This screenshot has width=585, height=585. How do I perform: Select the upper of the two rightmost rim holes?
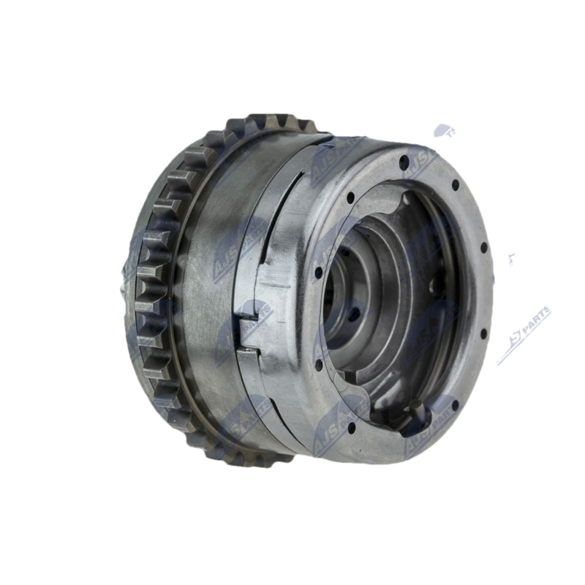pos(484,248)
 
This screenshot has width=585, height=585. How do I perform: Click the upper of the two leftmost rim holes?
pos(319,273)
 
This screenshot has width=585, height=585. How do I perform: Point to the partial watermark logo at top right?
pos(443,132)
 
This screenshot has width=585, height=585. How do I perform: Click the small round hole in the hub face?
pos(354,314)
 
